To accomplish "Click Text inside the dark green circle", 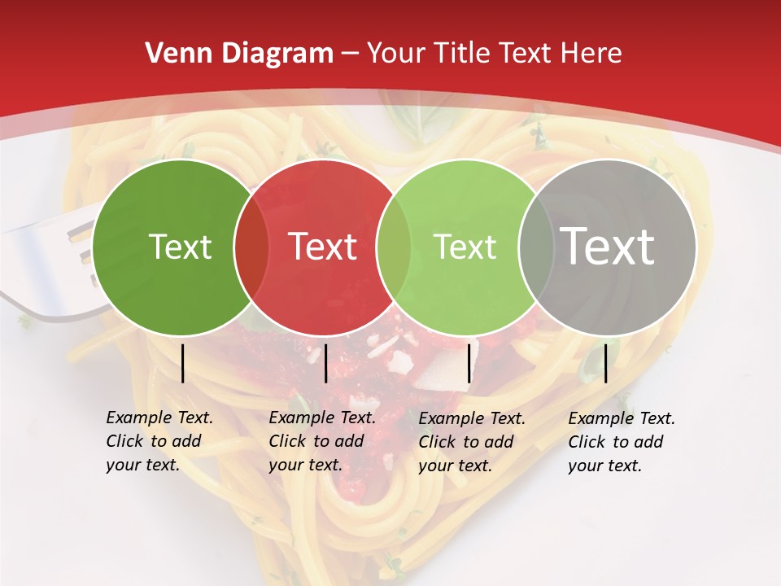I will [180, 247].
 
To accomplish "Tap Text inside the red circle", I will [323, 247].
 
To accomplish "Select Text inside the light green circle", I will [465, 247].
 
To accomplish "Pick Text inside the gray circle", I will [608, 247].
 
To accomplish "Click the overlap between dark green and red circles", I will [251, 247].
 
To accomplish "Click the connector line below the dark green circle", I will [182, 363].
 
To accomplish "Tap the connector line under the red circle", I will [325, 363].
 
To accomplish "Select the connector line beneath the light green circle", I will [469, 363].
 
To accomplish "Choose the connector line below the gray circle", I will [605, 363].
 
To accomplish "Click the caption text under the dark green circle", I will [159, 441].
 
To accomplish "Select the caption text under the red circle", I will [321, 441].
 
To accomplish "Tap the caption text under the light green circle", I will [471, 442].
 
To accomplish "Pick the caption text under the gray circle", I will [621, 442].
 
